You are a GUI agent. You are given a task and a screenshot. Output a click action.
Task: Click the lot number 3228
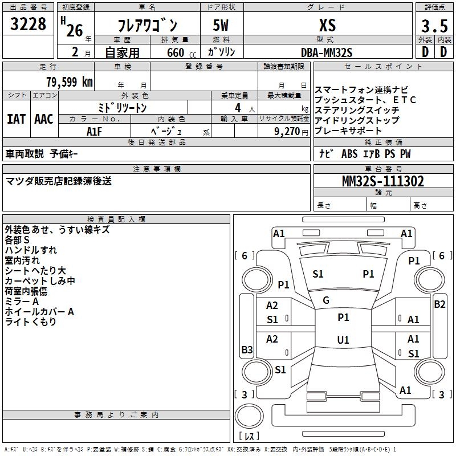click(x=28, y=25)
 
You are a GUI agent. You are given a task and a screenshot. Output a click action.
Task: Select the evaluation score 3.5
click(x=434, y=26)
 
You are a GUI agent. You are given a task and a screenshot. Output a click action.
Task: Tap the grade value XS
click(x=327, y=25)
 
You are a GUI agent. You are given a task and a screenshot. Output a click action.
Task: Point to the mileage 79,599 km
click(x=69, y=82)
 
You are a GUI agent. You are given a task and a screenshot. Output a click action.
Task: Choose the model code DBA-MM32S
click(x=327, y=53)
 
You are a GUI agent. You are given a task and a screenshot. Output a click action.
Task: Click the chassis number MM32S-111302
click(x=382, y=181)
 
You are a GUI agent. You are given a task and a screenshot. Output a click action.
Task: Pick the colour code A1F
click(x=95, y=131)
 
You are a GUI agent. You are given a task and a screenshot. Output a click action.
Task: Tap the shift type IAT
click(x=16, y=119)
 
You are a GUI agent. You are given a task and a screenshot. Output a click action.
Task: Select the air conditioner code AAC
click(x=44, y=119)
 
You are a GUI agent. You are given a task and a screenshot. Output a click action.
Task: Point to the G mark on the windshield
click(x=326, y=300)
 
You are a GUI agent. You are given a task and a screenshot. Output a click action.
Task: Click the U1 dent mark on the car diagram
click(x=343, y=340)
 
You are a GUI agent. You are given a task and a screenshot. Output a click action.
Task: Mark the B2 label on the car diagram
click(x=439, y=304)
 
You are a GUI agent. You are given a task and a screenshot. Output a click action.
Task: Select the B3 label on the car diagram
click(x=247, y=349)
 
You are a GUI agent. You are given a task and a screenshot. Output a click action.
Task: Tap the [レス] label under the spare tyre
click(x=251, y=436)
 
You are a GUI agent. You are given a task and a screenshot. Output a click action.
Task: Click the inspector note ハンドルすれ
click(x=31, y=250)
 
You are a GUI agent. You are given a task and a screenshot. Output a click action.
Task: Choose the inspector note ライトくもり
click(x=31, y=322)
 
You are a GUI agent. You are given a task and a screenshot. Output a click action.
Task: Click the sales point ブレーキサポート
click(x=348, y=131)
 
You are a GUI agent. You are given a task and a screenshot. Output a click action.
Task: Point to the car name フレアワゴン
click(x=147, y=26)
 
